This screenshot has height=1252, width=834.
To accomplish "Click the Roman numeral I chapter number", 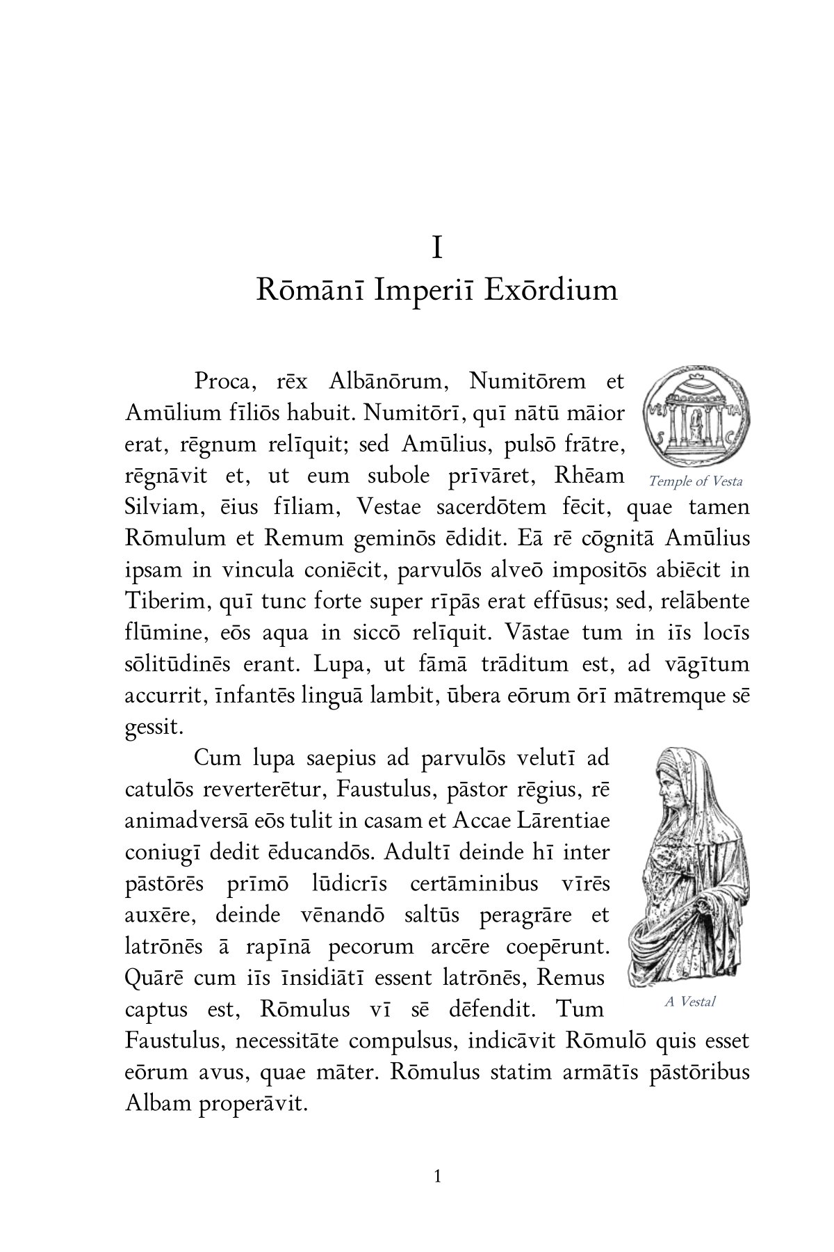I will (x=437, y=248).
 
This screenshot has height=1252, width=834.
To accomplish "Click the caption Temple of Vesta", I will (x=695, y=481).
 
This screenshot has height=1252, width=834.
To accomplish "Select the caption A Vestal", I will (x=689, y=1002).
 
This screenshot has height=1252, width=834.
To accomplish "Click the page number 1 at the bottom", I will (x=437, y=1177).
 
